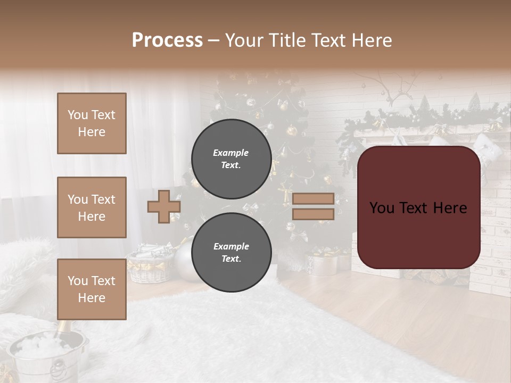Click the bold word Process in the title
click(167, 40)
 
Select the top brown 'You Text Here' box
click(92, 123)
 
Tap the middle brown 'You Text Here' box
click(92, 207)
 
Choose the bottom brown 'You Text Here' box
click(92, 289)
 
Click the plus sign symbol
click(164, 206)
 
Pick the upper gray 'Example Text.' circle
click(231, 159)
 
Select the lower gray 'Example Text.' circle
click(231, 252)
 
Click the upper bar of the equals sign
click(313, 199)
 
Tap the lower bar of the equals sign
click(313, 214)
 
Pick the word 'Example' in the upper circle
click(230, 153)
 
